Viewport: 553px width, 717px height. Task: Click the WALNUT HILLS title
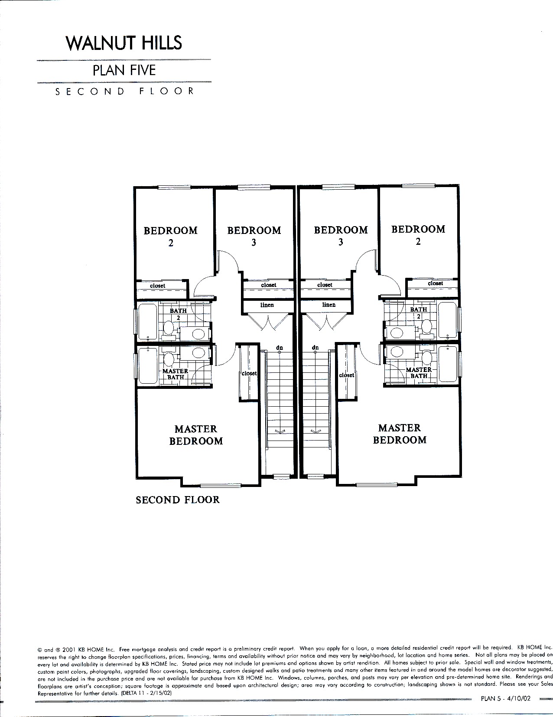point(124,43)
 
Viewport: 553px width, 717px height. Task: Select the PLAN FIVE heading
point(124,70)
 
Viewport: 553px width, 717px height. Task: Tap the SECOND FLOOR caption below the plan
point(178,500)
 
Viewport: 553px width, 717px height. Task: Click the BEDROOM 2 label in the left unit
point(171,236)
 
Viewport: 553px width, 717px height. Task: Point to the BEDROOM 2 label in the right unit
point(418,235)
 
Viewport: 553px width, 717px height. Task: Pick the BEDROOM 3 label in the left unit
point(254,236)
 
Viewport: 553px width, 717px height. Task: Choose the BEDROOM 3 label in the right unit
point(341,236)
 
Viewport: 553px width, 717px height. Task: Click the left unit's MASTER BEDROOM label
point(196,435)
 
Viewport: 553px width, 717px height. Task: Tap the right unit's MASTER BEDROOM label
point(400,434)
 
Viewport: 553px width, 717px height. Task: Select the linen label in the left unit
point(267,305)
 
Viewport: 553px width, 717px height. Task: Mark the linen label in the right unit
point(329,305)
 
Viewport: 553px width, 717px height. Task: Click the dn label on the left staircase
point(279,348)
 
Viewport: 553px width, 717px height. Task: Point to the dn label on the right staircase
point(315,348)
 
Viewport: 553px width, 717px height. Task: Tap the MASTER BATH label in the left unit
point(175,374)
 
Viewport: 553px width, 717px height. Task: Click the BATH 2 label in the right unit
point(419,312)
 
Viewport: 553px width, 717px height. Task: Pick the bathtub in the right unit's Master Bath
point(448,365)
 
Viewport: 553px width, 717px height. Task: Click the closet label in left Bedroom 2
point(157,286)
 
